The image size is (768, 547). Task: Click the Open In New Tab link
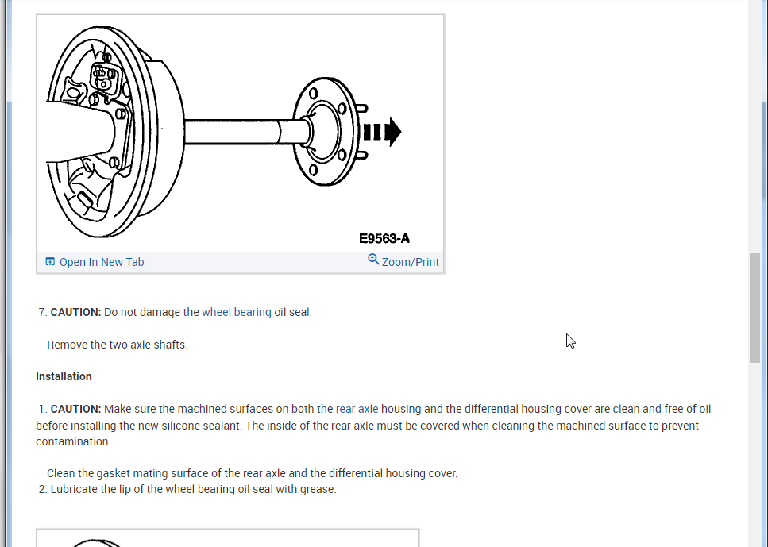[101, 262]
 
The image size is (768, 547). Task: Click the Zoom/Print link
[410, 262]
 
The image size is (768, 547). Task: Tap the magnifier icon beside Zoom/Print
[373, 260]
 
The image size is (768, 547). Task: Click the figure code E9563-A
[384, 238]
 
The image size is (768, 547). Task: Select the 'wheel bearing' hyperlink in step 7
[236, 312]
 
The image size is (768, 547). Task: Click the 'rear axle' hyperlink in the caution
[357, 409]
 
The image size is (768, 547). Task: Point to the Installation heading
[64, 376]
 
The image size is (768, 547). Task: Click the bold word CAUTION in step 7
[75, 312]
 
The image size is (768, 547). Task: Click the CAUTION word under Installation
[75, 409]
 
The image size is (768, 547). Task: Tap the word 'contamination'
[73, 441]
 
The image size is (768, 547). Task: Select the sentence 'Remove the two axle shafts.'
[118, 345]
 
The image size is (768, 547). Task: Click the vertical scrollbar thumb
[754, 307]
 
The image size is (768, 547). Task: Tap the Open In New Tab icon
[50, 262]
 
